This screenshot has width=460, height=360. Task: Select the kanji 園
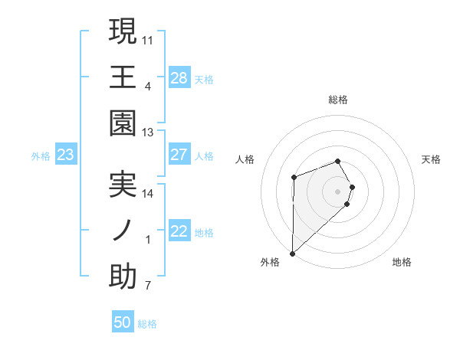(x=123, y=123)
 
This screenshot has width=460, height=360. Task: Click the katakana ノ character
(x=123, y=230)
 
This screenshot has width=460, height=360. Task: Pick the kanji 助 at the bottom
(x=123, y=276)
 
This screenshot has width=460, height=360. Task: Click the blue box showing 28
(x=179, y=78)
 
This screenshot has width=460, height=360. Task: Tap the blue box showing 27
(x=179, y=155)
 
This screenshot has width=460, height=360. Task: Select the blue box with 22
(x=179, y=232)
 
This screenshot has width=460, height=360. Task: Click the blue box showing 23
(x=66, y=155)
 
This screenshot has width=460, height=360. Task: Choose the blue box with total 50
(x=123, y=322)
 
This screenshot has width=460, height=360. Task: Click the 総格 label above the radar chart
(x=338, y=100)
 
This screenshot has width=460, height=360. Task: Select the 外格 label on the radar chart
(x=270, y=263)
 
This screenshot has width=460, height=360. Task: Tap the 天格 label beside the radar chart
(x=432, y=159)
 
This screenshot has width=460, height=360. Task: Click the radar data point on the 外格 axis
(x=292, y=252)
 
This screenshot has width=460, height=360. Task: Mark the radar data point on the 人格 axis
(x=294, y=178)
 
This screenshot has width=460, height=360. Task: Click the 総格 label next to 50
(x=147, y=324)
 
